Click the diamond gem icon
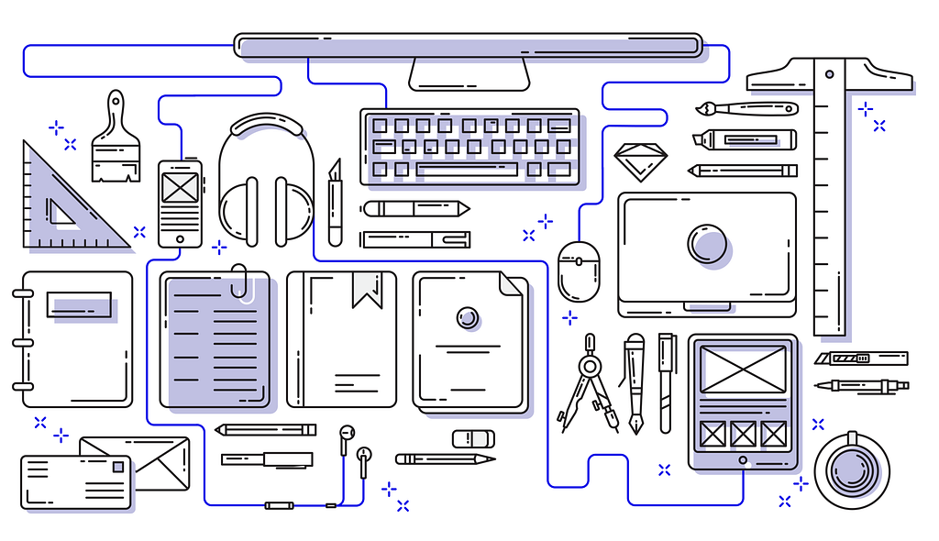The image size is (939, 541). [641, 161]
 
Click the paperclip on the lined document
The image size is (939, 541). [242, 282]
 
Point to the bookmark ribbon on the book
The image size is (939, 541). [368, 288]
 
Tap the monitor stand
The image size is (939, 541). [469, 73]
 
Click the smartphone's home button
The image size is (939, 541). [180, 238]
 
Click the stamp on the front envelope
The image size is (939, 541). [117, 468]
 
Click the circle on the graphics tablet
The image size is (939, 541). [708, 244]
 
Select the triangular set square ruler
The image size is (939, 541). [64, 206]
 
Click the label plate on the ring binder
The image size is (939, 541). [79, 304]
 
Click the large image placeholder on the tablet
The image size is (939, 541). [743, 370]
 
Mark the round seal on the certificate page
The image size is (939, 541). [468, 317]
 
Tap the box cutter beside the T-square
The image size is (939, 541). [860, 359]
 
